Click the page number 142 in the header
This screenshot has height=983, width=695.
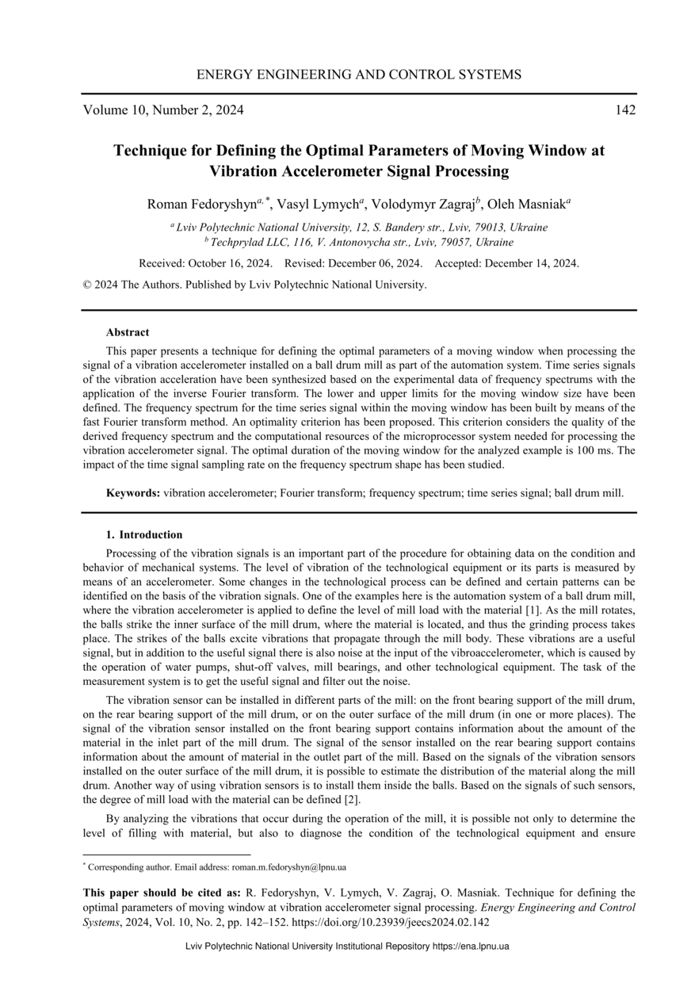[x=625, y=110]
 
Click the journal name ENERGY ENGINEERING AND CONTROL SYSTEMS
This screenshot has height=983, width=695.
[x=358, y=75]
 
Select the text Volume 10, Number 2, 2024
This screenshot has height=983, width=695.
[x=163, y=110]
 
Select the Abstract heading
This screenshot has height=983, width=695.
[x=128, y=332]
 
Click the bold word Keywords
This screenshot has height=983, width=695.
[x=132, y=493]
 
